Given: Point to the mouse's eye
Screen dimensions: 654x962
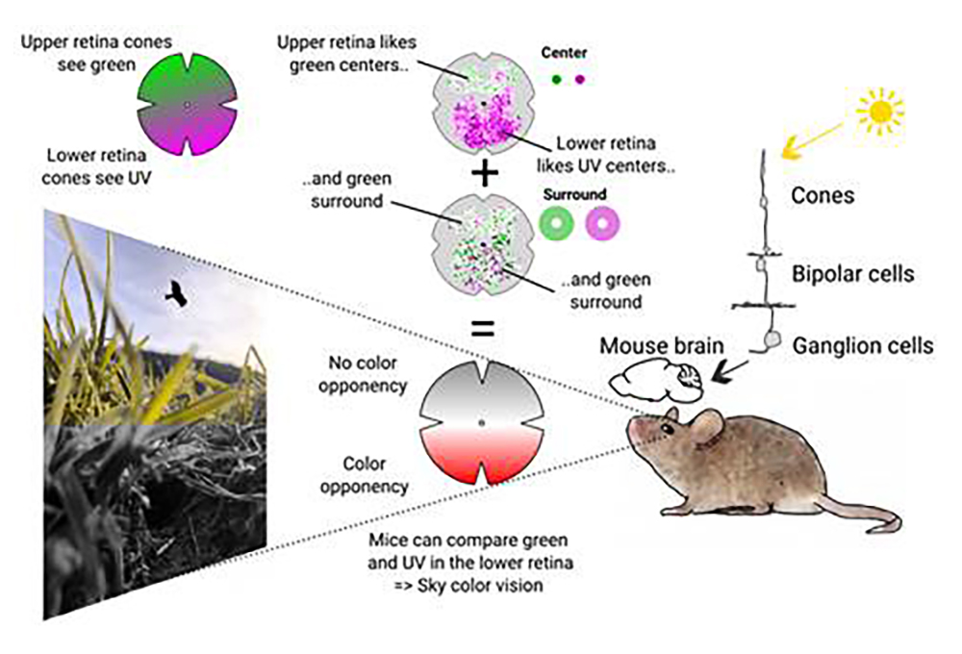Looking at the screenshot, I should coord(668,424).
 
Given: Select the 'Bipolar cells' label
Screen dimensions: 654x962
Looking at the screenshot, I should coord(852,273).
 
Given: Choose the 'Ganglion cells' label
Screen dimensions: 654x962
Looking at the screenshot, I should coord(863,344).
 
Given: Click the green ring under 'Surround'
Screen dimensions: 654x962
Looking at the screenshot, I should coord(557,224).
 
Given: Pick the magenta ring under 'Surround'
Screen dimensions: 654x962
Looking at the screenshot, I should coord(603,224).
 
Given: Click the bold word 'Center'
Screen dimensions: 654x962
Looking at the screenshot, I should coord(565,53).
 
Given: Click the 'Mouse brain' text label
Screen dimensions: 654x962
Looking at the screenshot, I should coord(656,343).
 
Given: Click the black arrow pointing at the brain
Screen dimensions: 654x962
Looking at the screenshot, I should coord(733,368).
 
